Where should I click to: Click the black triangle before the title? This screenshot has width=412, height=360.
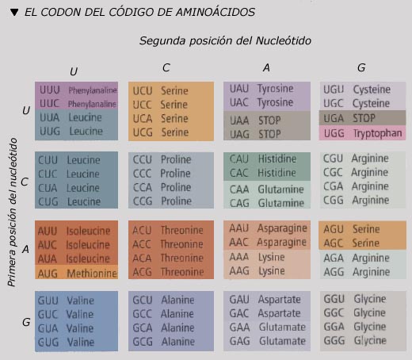pyautogui.click(x=14, y=13)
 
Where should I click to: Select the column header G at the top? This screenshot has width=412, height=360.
pyautogui.click(x=361, y=68)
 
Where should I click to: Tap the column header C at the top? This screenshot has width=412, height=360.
pyautogui.click(x=166, y=68)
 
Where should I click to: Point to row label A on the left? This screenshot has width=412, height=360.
pyautogui.click(x=25, y=249)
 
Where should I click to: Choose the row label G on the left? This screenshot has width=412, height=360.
pyautogui.click(x=26, y=322)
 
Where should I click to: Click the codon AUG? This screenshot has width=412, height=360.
pyautogui.click(x=48, y=274)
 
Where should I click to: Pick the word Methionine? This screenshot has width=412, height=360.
pyautogui.click(x=92, y=274)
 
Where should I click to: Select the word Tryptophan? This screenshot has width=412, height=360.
pyautogui.click(x=378, y=133)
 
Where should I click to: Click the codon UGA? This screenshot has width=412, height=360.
pyautogui.click(x=334, y=118)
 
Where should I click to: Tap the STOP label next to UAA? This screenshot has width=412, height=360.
pyautogui.click(x=269, y=121)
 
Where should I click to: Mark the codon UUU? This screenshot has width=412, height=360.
pyautogui.click(x=50, y=90)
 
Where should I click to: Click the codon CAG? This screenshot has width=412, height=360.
pyautogui.click(x=239, y=203)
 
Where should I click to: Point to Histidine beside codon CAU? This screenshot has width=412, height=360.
pyautogui.click(x=277, y=159)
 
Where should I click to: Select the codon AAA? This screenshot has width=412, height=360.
pyautogui.click(x=239, y=257)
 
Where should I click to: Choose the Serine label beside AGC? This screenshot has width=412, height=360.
pyautogui.click(x=366, y=243)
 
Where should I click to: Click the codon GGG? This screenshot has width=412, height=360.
pyautogui.click(x=334, y=340)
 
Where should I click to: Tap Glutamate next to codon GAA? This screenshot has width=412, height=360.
pyautogui.click(x=282, y=327)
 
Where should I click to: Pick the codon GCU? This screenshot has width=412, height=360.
pyautogui.click(x=143, y=301)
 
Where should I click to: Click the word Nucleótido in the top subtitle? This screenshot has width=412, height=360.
pyautogui.click(x=284, y=40)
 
